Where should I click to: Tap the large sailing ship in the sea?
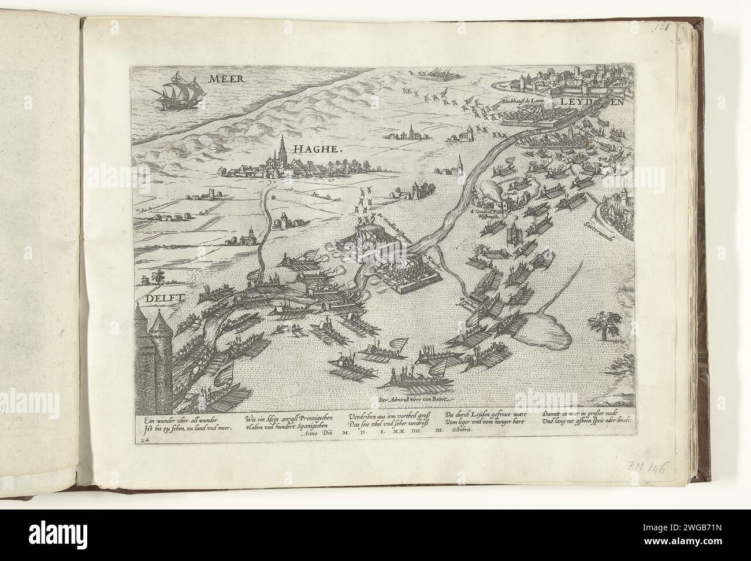[x=177, y=92]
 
